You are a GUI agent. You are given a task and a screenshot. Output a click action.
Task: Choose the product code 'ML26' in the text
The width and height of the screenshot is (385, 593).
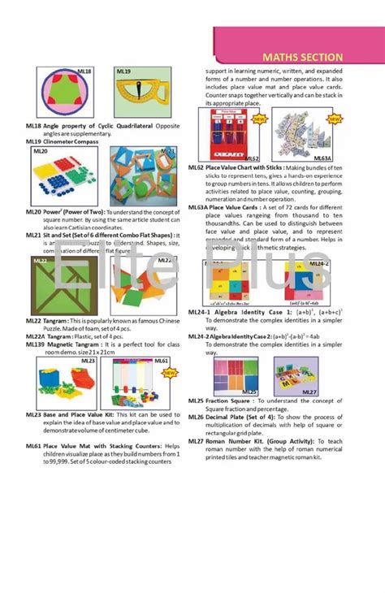point(196,417)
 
